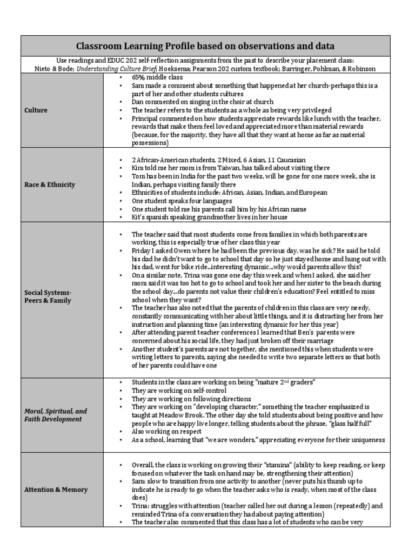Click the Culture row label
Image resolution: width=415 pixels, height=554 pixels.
click(x=36, y=110)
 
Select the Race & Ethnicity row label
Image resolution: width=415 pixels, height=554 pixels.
click(x=50, y=184)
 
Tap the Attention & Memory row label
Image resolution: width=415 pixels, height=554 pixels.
click(x=56, y=490)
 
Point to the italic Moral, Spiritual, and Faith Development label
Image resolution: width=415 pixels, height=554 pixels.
click(x=56, y=415)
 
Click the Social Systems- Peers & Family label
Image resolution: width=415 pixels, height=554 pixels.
click(x=48, y=296)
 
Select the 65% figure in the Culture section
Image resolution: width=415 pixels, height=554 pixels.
click(x=140, y=78)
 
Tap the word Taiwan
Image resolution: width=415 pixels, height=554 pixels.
click(x=214, y=168)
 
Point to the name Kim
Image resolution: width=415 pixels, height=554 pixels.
click(x=138, y=168)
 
